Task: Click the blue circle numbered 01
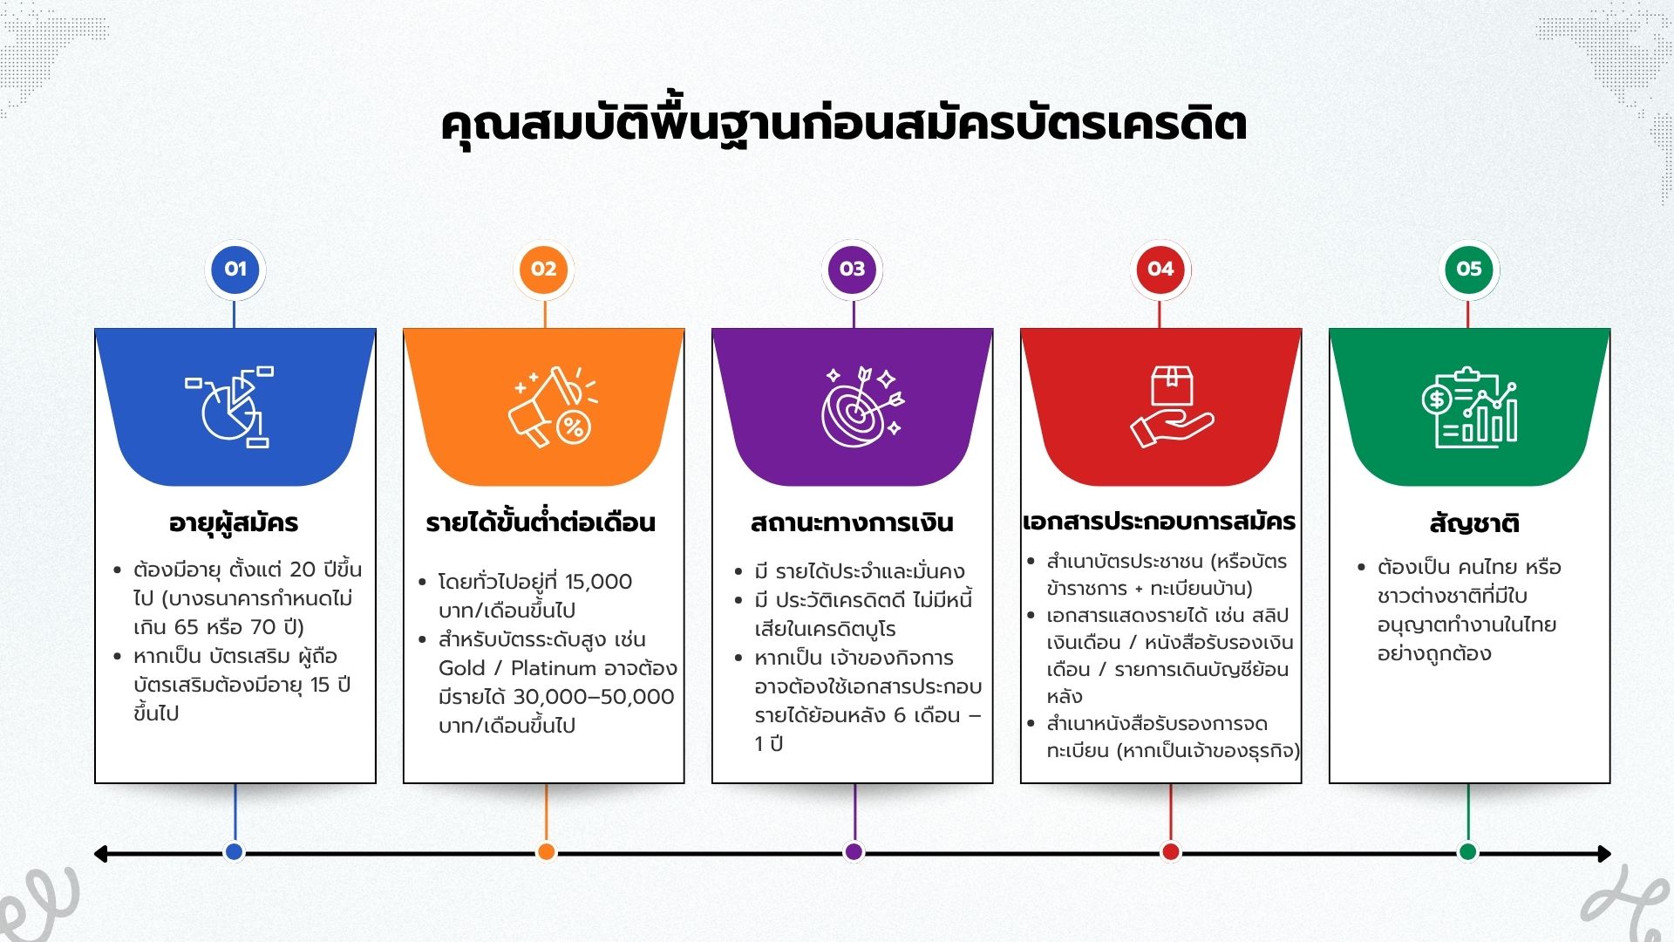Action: coord(235,269)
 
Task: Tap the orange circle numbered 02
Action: coord(544,269)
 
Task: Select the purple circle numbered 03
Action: coord(853,269)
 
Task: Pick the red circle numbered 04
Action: coord(1160,269)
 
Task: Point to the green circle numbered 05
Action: coord(1469,269)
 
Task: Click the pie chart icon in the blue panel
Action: coord(229,406)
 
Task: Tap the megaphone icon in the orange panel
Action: coord(553,406)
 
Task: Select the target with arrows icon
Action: coord(862,406)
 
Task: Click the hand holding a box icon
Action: coord(1172,406)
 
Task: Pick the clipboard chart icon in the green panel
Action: coord(1470,407)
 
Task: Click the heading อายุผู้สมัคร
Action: coord(234,523)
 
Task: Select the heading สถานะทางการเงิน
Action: coord(852,522)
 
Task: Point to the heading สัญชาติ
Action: coord(1474,522)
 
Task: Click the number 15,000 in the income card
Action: coord(598,582)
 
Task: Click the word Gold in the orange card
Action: coord(462,668)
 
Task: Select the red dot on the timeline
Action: coord(1171,851)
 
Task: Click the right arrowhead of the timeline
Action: coord(1604,854)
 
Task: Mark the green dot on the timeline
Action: coord(1468,851)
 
